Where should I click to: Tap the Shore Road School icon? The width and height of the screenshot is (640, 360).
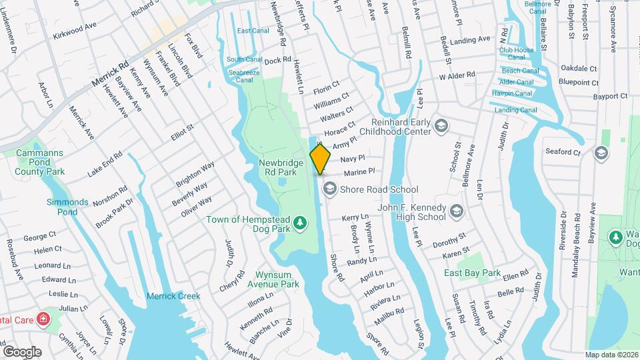pyautogui.click(x=329, y=189)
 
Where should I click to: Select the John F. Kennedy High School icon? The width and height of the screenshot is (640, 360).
pyautogui.click(x=457, y=212)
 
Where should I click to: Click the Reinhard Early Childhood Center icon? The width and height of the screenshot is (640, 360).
pyautogui.click(x=441, y=126)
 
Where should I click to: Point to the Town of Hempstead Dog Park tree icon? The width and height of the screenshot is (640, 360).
pyautogui.click(x=301, y=221)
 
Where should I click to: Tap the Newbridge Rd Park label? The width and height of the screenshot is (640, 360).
pyautogui.click(x=281, y=167)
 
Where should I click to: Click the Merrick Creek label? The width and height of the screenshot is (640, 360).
pyautogui.click(x=173, y=296)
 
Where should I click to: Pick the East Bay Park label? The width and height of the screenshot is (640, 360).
pyautogui.click(x=473, y=273)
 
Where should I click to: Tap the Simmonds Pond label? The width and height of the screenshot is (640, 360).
pyautogui.click(x=67, y=207)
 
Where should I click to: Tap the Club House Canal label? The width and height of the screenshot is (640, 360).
pyautogui.click(x=517, y=54)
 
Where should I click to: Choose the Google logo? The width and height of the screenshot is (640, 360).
pyautogui.click(x=23, y=351)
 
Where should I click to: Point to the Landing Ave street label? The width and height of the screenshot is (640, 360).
pyautogui.click(x=470, y=41)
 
